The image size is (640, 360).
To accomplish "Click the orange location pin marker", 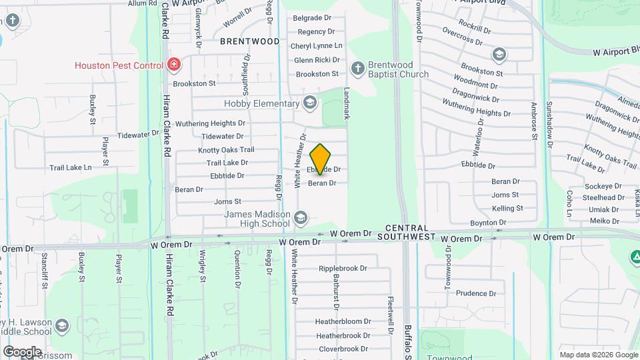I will (x=321, y=159).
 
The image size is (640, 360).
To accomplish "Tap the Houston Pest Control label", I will (x=119, y=65).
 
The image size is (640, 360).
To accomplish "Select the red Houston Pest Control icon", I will (x=174, y=65).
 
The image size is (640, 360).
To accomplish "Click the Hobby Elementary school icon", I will (x=309, y=103).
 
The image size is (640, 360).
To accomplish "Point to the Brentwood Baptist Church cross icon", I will (x=358, y=69).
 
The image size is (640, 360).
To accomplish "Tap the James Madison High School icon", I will (x=301, y=218).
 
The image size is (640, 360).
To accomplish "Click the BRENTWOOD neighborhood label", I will (x=250, y=41).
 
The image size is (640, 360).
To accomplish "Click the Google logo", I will (x=22, y=351).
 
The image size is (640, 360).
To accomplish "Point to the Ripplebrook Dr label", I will (x=343, y=269).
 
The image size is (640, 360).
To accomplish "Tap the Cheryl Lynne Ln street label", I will (x=317, y=46).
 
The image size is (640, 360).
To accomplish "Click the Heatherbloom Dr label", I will (x=343, y=321).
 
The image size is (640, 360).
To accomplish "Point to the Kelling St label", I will (x=507, y=209).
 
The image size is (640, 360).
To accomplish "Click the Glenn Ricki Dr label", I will (x=317, y=60).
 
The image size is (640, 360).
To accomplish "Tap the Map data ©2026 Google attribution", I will (x=598, y=355).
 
